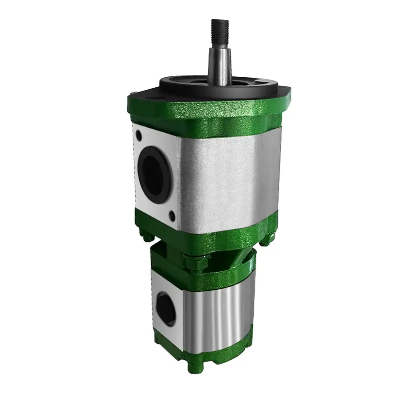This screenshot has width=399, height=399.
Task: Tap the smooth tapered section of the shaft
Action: coord(219,62)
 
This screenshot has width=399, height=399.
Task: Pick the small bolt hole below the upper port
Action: coord(172,215)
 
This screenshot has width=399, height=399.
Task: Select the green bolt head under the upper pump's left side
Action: coord(144,234)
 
